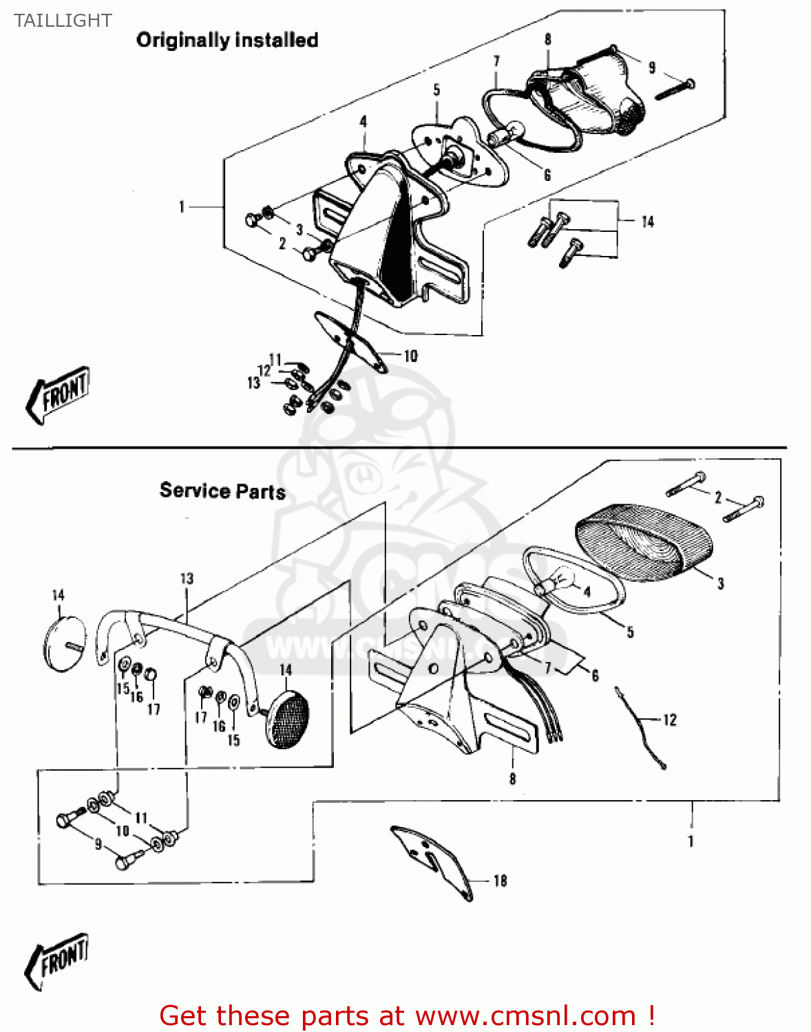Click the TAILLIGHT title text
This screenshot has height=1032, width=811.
tap(63, 21)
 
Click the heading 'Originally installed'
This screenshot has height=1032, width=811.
tap(227, 40)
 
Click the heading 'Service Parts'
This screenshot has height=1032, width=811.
tap(222, 491)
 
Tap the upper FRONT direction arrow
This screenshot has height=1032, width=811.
tap(59, 394)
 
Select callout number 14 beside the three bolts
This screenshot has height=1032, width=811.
tap(647, 222)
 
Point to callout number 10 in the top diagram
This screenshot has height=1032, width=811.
tap(410, 356)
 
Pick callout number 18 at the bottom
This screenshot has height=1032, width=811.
tap(500, 881)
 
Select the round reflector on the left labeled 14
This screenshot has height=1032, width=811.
tap(65, 643)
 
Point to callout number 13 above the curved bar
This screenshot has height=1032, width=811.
tap(187, 578)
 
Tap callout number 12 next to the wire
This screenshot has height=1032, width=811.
tap(670, 720)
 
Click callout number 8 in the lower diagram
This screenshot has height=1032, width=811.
tap(512, 779)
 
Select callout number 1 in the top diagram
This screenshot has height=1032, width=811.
tap(182, 206)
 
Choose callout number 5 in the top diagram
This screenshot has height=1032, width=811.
tap(436, 90)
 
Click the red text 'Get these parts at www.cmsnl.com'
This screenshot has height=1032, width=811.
tap(406, 1015)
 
